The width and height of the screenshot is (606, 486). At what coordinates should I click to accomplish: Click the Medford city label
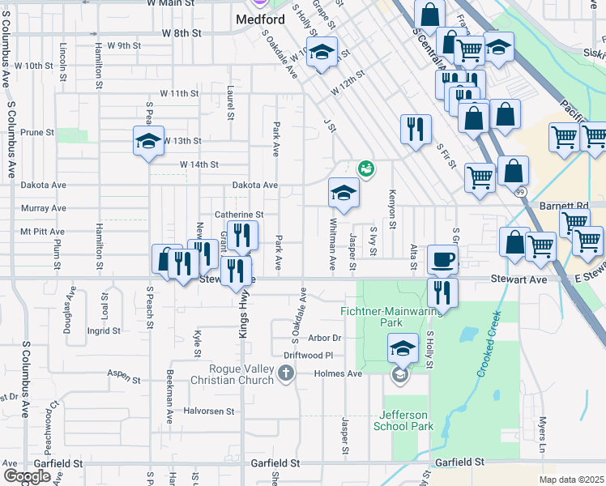[260, 19]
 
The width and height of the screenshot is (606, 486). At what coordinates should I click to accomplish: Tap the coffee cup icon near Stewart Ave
[442, 260]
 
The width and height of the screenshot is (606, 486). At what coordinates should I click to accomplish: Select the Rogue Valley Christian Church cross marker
[285, 373]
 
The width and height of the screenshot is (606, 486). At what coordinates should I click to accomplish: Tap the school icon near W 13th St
[149, 141]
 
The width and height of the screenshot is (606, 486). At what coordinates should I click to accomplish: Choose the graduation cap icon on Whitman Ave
[344, 193]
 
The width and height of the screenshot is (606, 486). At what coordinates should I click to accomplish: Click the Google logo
[27, 475]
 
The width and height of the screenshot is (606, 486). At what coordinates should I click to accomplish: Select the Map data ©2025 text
[571, 480]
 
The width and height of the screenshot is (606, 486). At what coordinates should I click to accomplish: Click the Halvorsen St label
[186, 411]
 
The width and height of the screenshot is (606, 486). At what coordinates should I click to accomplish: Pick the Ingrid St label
[104, 330]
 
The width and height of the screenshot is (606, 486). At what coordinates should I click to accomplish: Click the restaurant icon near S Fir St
[415, 128]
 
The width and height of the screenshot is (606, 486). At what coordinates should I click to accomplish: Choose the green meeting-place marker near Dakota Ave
[365, 168]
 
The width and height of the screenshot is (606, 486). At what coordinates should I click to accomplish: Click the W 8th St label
[181, 33]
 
